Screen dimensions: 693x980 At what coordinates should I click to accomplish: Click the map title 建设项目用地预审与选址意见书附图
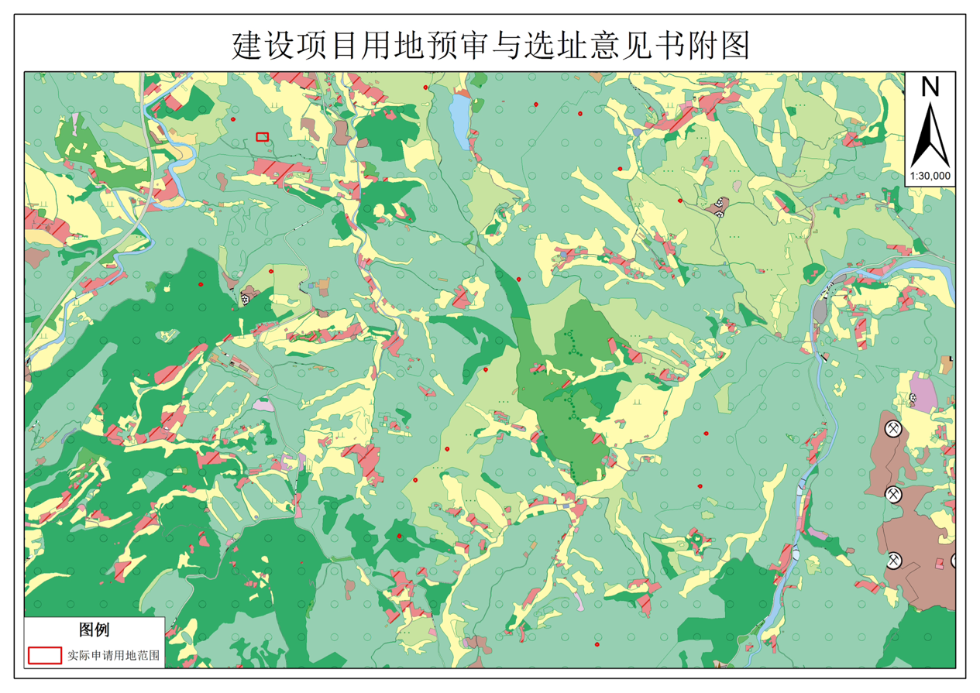click(x=490, y=46)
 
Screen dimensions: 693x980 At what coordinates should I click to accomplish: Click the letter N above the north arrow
click(x=930, y=87)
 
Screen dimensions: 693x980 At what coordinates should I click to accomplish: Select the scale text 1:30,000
click(x=930, y=176)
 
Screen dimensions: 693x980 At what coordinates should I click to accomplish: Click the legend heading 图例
click(x=94, y=629)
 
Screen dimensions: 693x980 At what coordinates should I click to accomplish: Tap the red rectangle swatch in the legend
click(x=45, y=655)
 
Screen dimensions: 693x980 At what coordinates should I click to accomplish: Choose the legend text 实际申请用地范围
click(x=113, y=655)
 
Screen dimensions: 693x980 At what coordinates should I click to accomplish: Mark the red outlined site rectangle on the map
click(x=263, y=136)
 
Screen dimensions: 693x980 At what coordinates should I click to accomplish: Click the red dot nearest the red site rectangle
click(x=233, y=119)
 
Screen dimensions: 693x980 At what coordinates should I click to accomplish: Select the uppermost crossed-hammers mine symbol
click(x=894, y=428)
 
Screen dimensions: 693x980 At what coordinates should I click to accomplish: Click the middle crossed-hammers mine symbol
click(x=894, y=493)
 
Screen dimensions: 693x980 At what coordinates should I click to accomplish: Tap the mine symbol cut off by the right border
click(x=953, y=561)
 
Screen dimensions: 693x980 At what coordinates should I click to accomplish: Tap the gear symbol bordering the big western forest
click(x=246, y=297)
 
